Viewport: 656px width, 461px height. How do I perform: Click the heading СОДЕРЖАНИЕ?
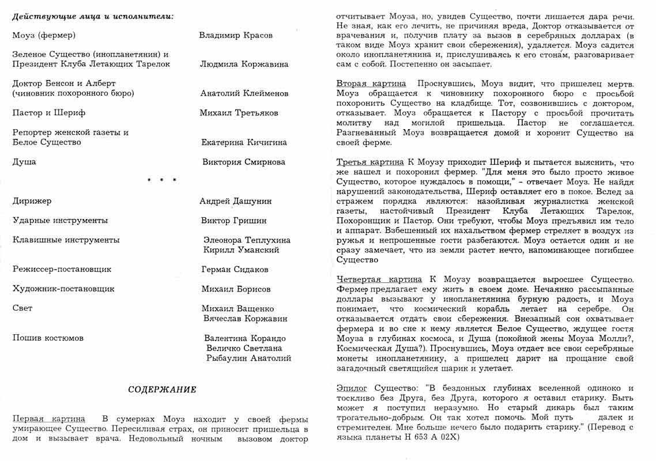pyautogui.click(x=162, y=390)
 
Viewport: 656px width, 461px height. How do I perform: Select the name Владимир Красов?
pyautogui.click(x=236, y=35)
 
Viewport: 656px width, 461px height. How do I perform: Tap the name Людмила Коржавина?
pyautogui.click(x=244, y=64)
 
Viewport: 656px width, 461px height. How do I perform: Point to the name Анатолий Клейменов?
pyautogui.click(x=244, y=93)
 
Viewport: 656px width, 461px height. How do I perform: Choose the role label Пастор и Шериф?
pyautogui.click(x=49, y=113)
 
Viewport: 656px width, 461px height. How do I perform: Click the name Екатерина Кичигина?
pyautogui.click(x=244, y=142)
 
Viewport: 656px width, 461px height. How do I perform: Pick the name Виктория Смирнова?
pyautogui.click(x=244, y=162)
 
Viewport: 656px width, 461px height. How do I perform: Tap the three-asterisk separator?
pyautogui.click(x=162, y=181)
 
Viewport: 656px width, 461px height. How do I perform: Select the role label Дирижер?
pyautogui.click(x=32, y=201)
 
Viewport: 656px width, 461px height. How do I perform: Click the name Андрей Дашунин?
pyautogui.click(x=236, y=201)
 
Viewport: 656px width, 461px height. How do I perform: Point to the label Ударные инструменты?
pyautogui.click(x=60, y=220)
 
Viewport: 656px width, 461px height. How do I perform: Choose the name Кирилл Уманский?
pyautogui.click(x=242, y=250)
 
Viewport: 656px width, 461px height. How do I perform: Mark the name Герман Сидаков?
pyautogui.click(x=235, y=270)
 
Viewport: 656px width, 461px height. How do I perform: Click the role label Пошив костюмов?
pyautogui.click(x=48, y=338)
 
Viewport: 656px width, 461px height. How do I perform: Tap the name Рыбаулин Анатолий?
pyautogui.click(x=248, y=358)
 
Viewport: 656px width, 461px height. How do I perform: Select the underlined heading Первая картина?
pyautogui.click(x=48, y=419)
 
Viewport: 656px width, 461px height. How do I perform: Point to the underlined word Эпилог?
pyautogui.click(x=352, y=388)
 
